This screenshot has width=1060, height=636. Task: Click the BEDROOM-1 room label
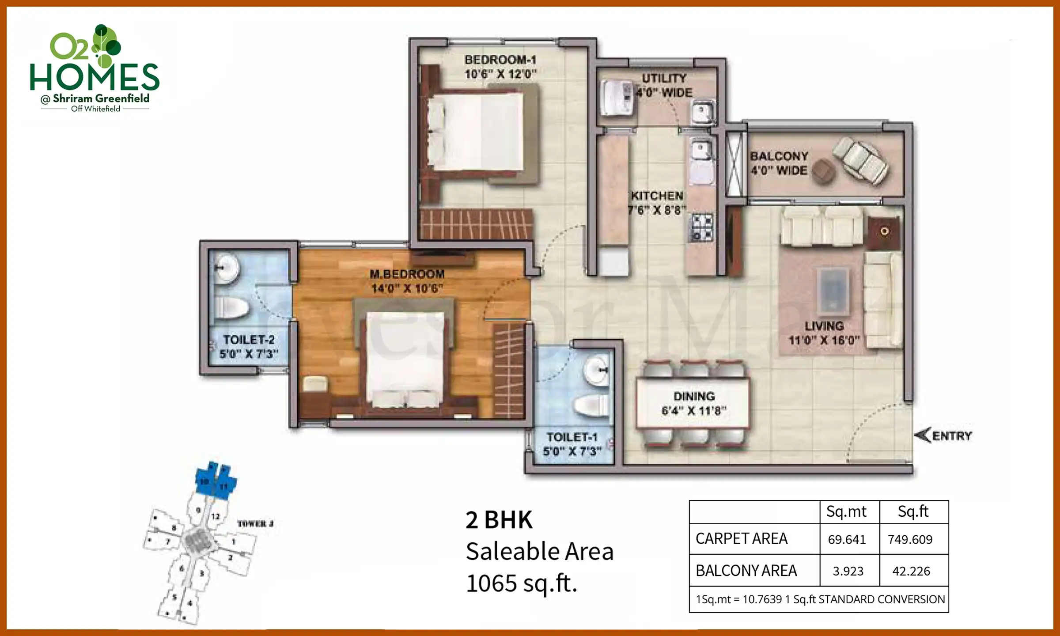500,60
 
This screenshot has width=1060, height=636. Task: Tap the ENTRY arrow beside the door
923,435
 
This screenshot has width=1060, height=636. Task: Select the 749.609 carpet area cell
910,539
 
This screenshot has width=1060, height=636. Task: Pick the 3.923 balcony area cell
848,571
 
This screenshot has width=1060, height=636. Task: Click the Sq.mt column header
846,511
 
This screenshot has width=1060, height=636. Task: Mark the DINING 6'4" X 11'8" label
694,403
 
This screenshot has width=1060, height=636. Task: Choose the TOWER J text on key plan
255,524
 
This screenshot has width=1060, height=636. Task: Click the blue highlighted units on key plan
216,481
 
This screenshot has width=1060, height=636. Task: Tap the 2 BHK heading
499,520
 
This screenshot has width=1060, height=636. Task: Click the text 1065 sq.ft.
522,583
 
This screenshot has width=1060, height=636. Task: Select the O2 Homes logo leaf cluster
106,44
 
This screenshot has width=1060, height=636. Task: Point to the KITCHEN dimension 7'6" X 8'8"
657,210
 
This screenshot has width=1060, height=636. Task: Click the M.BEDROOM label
407,274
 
